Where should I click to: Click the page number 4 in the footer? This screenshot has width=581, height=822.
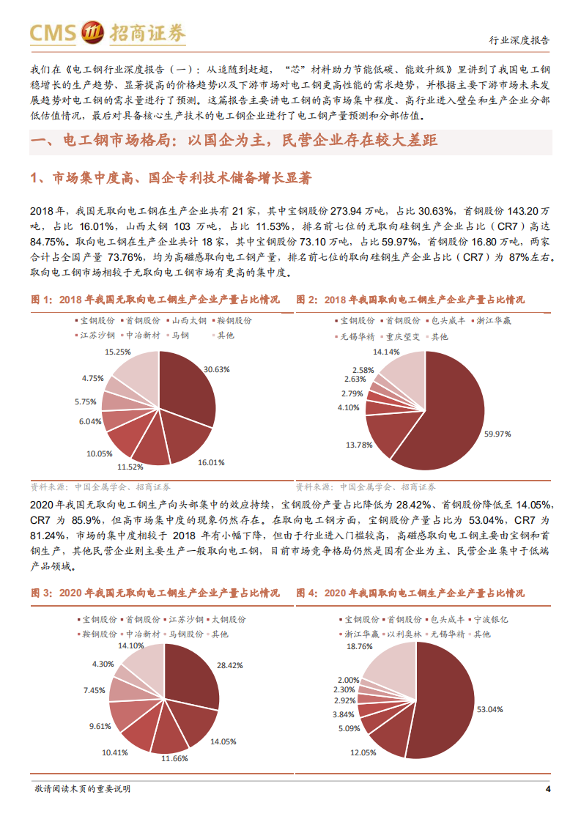point(548,788)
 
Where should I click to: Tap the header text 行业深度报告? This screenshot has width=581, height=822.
point(519,40)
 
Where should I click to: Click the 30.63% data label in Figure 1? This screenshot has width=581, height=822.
point(218,369)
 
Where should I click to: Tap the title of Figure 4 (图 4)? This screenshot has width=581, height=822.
point(410,593)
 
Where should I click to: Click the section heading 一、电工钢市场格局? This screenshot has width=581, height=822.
point(234,140)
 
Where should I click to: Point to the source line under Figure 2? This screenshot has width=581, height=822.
point(366,486)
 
